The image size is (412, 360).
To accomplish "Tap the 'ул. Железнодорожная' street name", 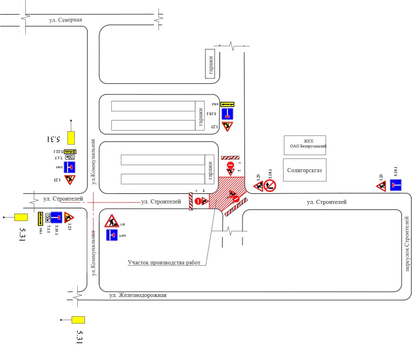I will click(x=138, y=295).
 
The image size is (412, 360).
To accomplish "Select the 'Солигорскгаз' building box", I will click(x=304, y=170).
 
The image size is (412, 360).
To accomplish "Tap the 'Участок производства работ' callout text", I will click(x=164, y=263).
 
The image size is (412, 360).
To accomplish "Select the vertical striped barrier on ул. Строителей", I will click(x=191, y=201).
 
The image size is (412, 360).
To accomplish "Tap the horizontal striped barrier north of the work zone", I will click(x=230, y=157).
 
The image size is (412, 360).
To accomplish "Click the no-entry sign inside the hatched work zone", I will click(x=236, y=200).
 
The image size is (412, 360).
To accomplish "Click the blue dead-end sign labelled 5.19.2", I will click(x=112, y=235).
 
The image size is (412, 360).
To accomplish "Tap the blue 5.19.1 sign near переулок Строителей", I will click(x=396, y=185).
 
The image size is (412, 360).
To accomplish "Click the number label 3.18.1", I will click(x=271, y=173).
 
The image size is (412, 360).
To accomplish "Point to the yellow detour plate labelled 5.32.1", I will click(x=58, y=152).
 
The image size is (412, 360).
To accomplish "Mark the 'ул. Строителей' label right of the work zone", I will click(x=327, y=202).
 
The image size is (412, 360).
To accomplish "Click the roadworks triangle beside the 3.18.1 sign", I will click(x=259, y=187).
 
